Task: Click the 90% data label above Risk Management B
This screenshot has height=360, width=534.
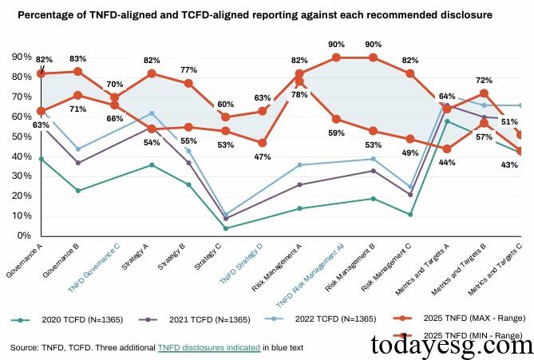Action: point(372,44)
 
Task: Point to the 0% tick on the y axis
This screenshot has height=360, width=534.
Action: point(23,236)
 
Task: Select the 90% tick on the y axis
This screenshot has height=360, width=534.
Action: point(21,57)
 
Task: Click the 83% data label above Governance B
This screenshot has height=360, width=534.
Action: point(77,58)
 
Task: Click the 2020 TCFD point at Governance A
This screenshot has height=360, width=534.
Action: point(41,159)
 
